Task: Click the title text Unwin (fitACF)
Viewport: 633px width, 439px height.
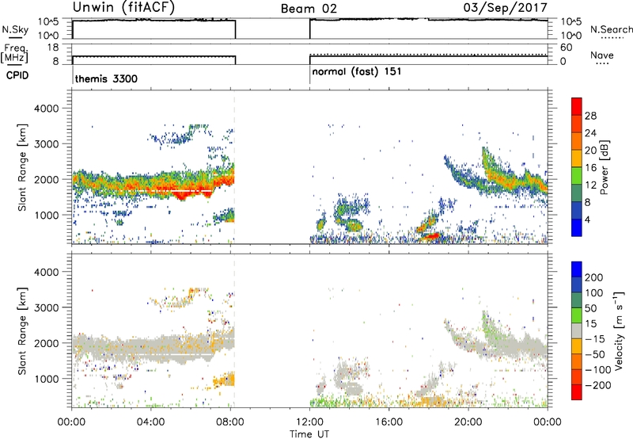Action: coord(123,8)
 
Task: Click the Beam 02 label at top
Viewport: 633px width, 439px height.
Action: coord(309,9)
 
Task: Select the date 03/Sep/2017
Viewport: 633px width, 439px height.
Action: coord(505,8)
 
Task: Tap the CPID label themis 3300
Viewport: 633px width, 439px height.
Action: coord(106,78)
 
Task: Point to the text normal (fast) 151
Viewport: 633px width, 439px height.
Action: coord(357,71)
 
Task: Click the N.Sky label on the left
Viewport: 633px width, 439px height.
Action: coord(15,29)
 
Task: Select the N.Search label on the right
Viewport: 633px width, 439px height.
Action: coord(611,29)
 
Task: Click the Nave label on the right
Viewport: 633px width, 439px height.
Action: coord(602,55)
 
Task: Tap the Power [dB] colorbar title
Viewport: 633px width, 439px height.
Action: coord(604,167)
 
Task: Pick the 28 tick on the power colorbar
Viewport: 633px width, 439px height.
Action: coord(590,116)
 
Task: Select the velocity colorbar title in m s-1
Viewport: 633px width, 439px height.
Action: coord(619,330)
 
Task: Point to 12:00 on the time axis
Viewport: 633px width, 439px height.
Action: coord(309,422)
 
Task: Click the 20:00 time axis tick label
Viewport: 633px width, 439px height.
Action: coord(468,422)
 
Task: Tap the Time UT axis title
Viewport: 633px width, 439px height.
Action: coord(309,433)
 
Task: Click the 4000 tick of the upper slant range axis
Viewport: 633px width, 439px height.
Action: coord(46,109)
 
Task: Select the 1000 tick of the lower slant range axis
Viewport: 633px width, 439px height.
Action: coord(46,379)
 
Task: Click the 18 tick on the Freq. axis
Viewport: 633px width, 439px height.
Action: coord(53,48)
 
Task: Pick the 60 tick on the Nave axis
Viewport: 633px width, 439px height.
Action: coord(566,48)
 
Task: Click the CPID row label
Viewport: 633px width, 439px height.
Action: coord(17,75)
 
